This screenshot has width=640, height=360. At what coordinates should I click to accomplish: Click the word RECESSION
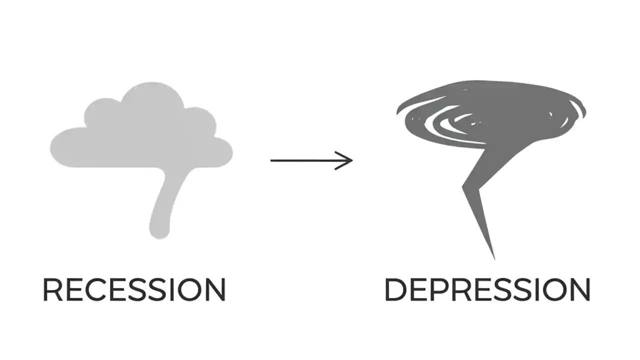[134, 289]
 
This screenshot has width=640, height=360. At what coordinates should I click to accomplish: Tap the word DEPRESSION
[487, 289]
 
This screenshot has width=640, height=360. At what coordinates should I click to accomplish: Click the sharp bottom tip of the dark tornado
[494, 257]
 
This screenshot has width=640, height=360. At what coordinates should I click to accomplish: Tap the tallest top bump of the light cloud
[152, 92]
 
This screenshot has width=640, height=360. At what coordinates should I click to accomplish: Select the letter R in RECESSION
[52, 289]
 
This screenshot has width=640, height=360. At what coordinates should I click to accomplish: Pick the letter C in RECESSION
[93, 289]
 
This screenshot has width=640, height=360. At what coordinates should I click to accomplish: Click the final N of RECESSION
[215, 289]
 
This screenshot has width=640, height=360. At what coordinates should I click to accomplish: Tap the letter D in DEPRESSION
[395, 289]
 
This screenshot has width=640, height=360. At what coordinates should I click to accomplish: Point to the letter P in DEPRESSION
[437, 289]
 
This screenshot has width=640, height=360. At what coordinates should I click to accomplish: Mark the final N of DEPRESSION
[579, 289]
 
